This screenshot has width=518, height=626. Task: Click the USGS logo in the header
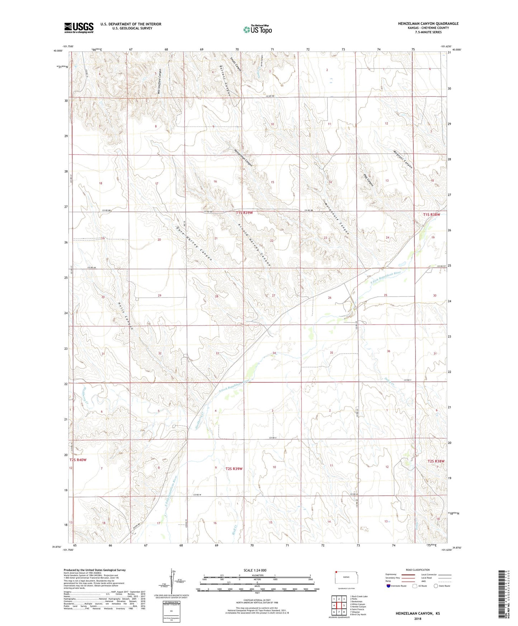(79, 28)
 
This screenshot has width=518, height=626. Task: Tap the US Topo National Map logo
(257, 29)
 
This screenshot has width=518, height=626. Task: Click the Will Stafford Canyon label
(160, 81)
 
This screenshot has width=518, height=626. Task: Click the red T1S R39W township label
(244, 213)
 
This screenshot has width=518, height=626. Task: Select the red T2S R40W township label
(78, 460)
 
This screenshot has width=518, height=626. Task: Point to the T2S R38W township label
(436, 461)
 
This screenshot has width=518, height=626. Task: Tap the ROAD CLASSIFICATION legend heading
(418, 570)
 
